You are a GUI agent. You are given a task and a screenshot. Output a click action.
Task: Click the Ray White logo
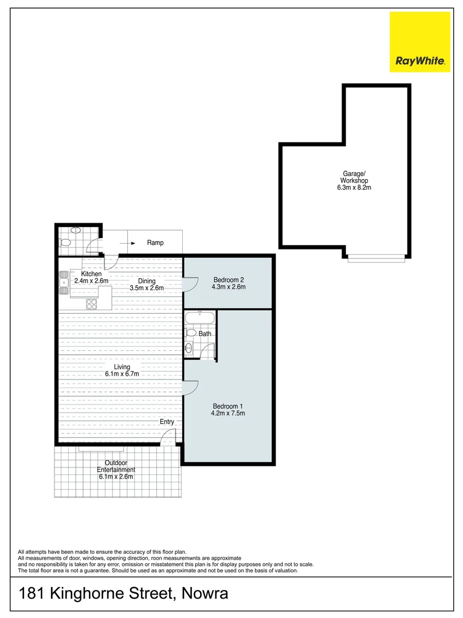click(x=420, y=42)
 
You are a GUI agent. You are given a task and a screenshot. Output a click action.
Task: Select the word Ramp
click(x=155, y=243)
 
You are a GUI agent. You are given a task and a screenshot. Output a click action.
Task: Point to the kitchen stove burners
click(x=91, y=304)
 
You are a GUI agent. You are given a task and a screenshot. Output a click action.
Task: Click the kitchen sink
click(x=63, y=282)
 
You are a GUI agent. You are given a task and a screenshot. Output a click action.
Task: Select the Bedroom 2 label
click(x=229, y=280)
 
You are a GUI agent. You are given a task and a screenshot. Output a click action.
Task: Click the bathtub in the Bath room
click(x=200, y=318)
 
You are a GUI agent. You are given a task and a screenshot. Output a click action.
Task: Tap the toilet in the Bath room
click(x=191, y=332)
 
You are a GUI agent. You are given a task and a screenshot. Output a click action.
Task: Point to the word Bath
click(x=205, y=334)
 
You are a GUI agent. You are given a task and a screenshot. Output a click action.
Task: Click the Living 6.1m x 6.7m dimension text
click(x=122, y=370)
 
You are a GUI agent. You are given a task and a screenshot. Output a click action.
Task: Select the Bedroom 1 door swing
click(x=191, y=387)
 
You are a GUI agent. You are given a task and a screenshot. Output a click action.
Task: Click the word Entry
click(x=167, y=422)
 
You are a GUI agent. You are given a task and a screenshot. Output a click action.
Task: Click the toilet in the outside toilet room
click(x=65, y=243)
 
